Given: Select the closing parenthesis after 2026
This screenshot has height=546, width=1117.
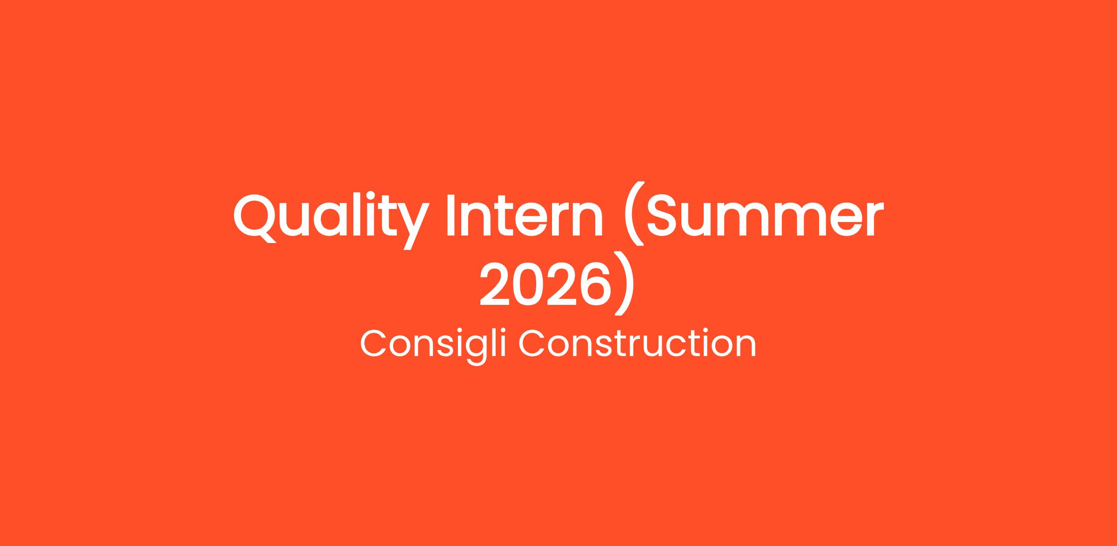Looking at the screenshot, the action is point(624,283).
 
